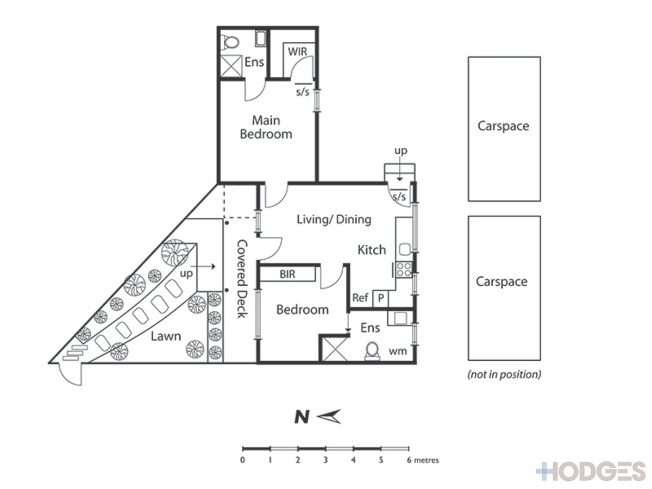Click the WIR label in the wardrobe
pyautogui.click(x=297, y=52)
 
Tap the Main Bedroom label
pyautogui.click(x=266, y=127)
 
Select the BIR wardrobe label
pyautogui.click(x=287, y=274)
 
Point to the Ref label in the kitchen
pyautogui.click(x=360, y=298)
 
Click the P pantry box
pyautogui.click(x=380, y=298)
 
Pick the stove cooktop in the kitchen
pyautogui.click(x=404, y=269)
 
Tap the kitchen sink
pyautogui.click(x=405, y=249)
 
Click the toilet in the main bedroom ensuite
pyautogui.click(x=230, y=42)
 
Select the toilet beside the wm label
pyautogui.click(x=372, y=351)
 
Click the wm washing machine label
pyautogui.click(x=398, y=351)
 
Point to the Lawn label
pyautogui.click(x=166, y=336)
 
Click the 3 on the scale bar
pyautogui.click(x=325, y=460)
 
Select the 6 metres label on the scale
pyautogui.click(x=423, y=460)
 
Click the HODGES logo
pyautogui.click(x=591, y=471)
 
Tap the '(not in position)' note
pyautogui.click(x=504, y=374)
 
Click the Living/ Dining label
pyautogui.click(x=334, y=220)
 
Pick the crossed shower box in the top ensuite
pyautogui.click(x=231, y=66)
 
